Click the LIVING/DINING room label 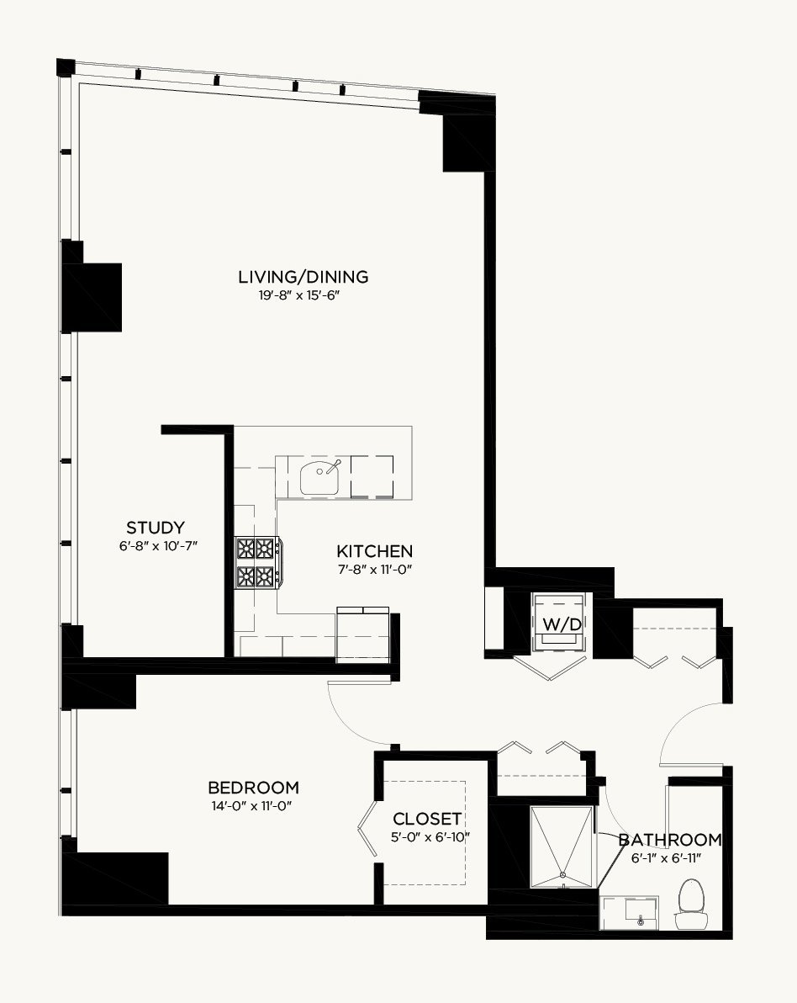click(x=303, y=277)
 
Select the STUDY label click(x=156, y=528)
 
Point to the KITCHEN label click(x=374, y=551)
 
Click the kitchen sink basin click(x=319, y=477)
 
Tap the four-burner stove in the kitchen click(x=257, y=563)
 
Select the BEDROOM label click(x=253, y=788)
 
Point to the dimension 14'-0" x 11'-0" click(x=252, y=806)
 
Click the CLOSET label click(x=427, y=819)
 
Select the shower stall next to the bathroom click(x=562, y=846)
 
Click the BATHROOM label click(x=670, y=839)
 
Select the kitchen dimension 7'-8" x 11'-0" click(x=375, y=570)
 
